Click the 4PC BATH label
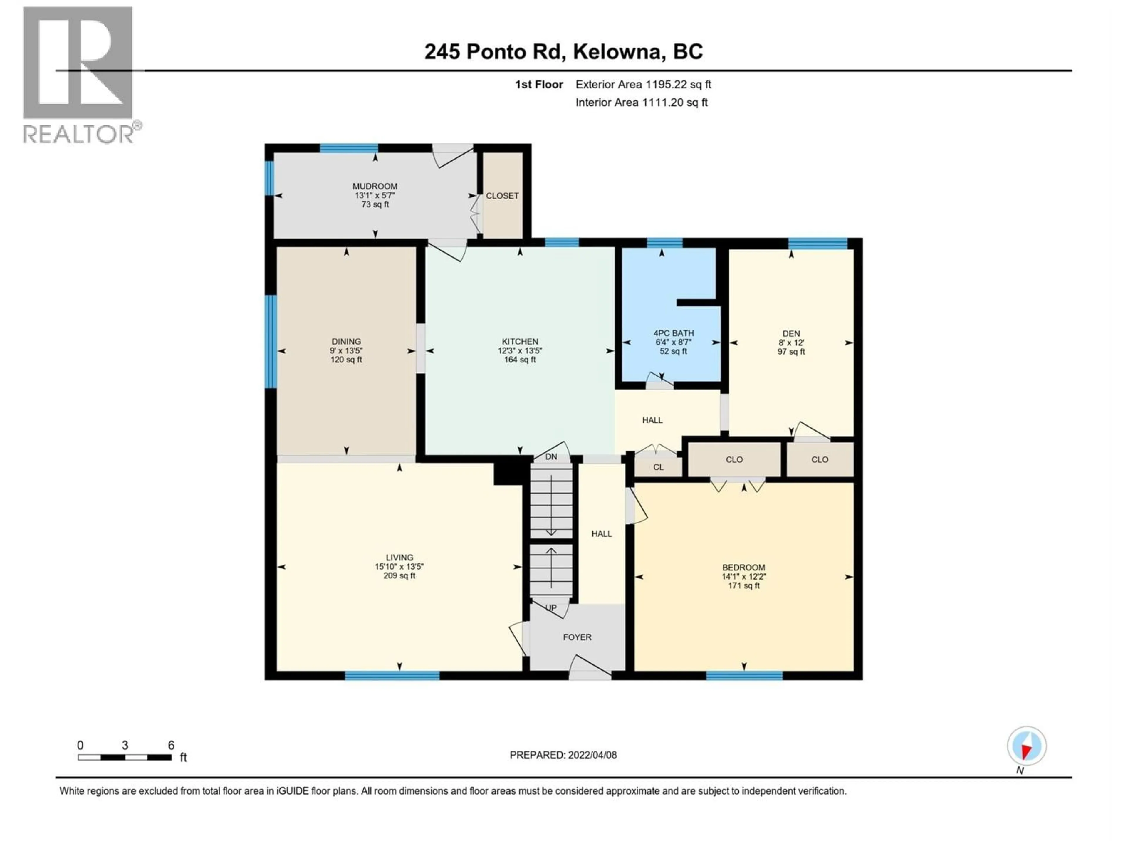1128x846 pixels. click(674, 333)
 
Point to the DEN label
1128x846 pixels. click(791, 333)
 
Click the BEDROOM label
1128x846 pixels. click(743, 568)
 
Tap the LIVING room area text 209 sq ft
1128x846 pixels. click(399, 576)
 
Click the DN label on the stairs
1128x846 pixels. click(551, 457)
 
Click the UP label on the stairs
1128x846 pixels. click(551, 608)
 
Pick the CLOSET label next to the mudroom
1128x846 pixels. click(502, 196)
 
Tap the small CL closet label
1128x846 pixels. click(658, 467)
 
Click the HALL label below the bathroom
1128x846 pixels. click(652, 420)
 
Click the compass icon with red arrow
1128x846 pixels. click(1027, 746)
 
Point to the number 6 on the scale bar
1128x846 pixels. click(171, 745)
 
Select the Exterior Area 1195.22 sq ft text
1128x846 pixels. click(643, 85)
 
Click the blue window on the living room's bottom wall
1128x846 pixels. click(392, 676)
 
